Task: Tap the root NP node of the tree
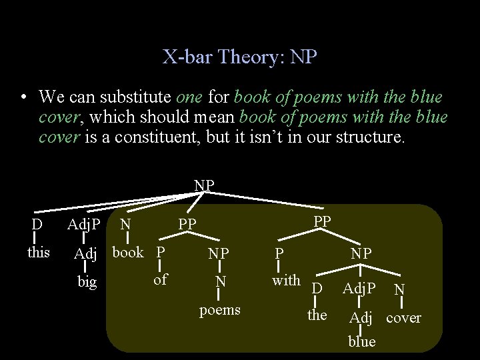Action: coord(204,185)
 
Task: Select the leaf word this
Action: coord(38,252)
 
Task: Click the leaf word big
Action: coord(87,282)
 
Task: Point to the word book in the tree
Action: coord(128,253)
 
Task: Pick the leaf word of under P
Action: coord(160,280)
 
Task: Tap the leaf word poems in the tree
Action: coord(219,310)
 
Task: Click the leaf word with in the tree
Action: coord(286,281)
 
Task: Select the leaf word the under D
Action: coord(317,315)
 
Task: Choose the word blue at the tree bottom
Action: coord(362,341)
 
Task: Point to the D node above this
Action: coord(37,224)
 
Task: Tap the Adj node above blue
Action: coord(361,318)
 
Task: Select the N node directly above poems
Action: coord(219,282)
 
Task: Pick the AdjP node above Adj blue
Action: coord(359,289)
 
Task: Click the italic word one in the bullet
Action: coord(189,97)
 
